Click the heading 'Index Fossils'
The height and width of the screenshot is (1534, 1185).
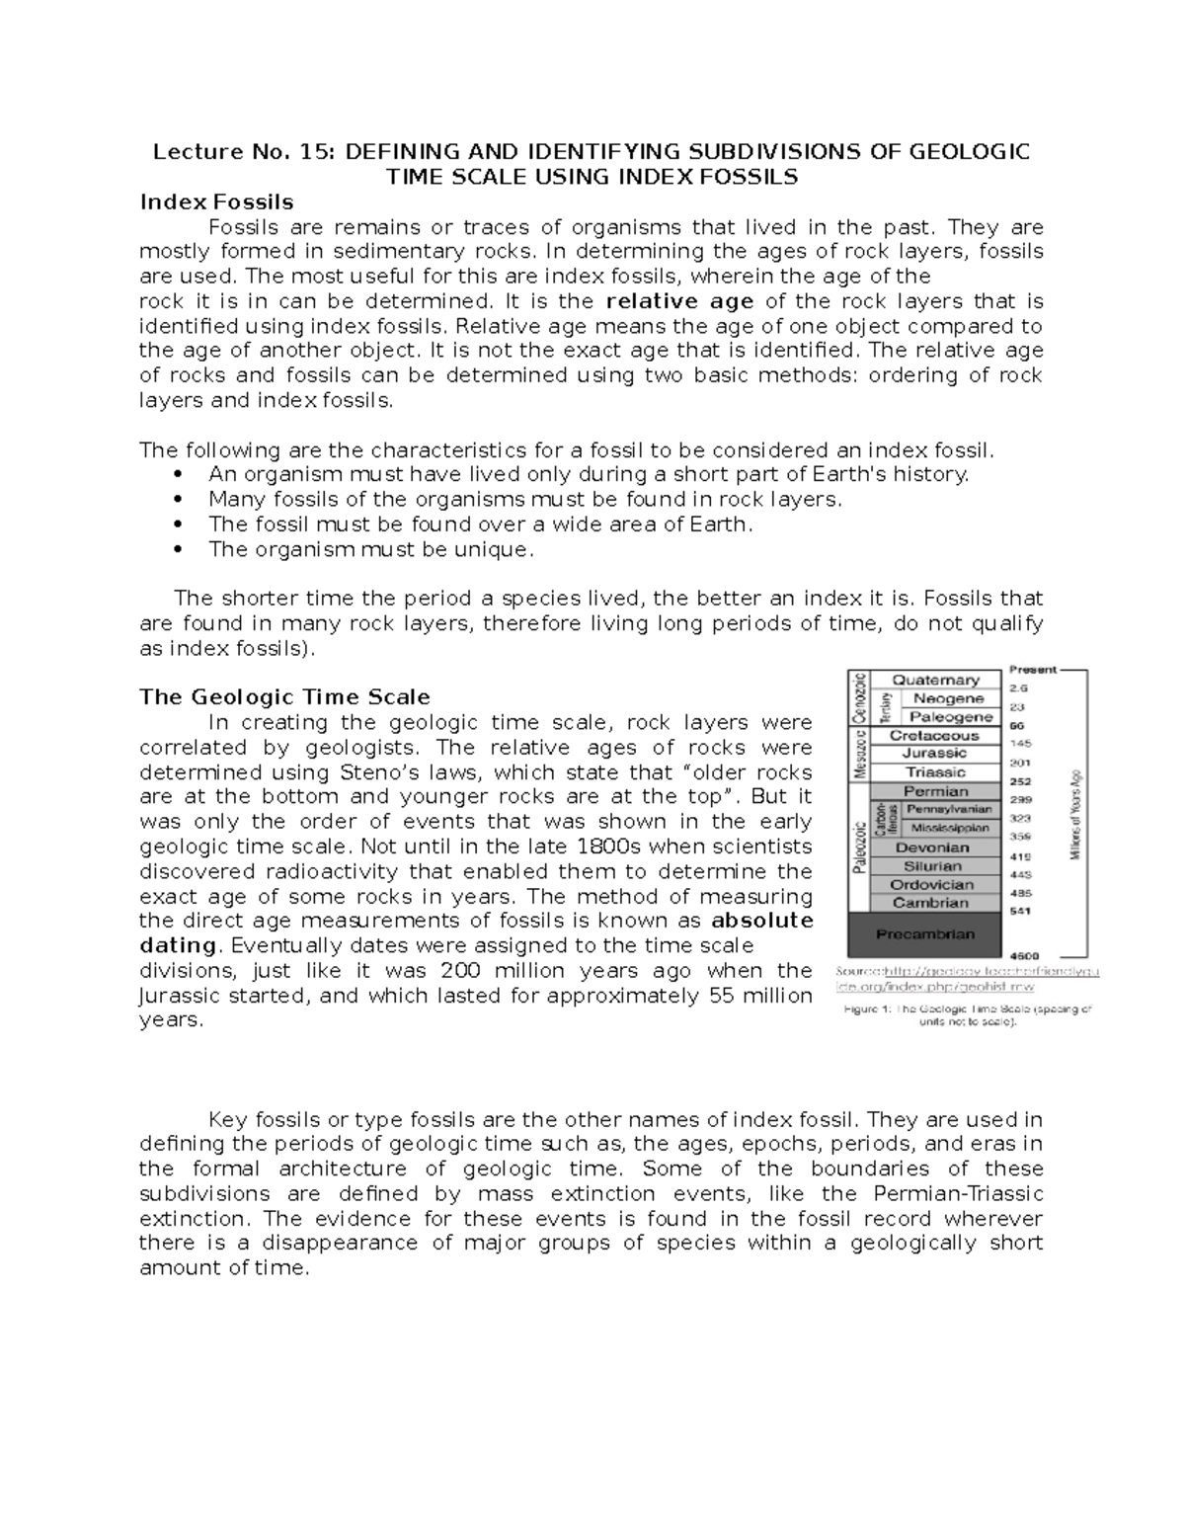point(216,202)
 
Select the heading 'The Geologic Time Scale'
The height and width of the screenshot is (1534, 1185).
point(284,697)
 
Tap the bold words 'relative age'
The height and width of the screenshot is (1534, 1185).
point(679,301)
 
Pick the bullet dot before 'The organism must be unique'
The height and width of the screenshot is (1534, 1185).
point(178,550)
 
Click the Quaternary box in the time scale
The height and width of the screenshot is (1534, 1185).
point(935,680)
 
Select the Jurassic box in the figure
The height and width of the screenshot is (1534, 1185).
point(935,754)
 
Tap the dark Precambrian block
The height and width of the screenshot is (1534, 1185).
point(924,934)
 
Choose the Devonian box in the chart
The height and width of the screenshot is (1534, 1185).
point(932,848)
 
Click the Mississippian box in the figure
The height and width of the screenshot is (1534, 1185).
point(948,828)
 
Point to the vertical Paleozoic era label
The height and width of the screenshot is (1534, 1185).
point(858,848)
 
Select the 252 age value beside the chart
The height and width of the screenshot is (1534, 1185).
point(1017,780)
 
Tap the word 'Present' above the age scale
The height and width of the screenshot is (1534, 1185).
point(1032,670)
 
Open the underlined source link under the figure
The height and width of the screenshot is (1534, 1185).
point(967,979)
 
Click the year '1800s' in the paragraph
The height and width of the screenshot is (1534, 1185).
point(608,847)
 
